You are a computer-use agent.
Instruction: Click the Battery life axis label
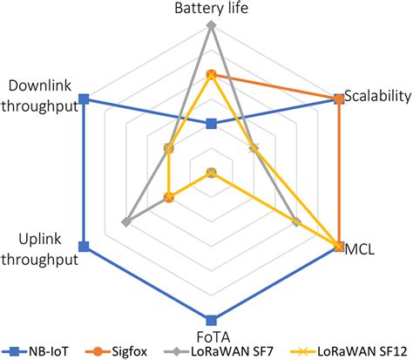[210, 8]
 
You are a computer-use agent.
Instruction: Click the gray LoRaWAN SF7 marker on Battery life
[210, 25]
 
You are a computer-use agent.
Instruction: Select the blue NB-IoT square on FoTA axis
[210, 318]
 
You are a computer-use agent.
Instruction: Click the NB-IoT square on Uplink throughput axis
[84, 246]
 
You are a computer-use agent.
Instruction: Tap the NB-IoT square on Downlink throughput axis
[84, 99]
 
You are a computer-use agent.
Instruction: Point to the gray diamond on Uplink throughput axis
[127, 221]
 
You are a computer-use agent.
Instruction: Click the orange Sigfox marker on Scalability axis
[337, 99]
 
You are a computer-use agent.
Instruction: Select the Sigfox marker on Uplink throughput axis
[170, 198]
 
